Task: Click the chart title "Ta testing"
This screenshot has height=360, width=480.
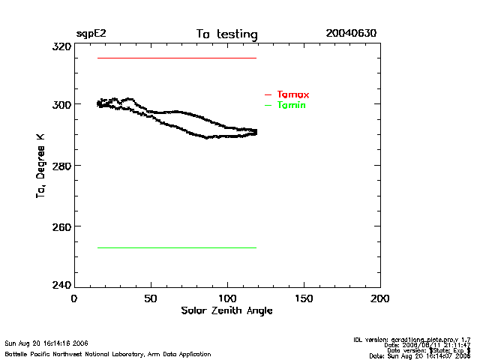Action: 226,34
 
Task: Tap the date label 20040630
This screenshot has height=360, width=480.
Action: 351,34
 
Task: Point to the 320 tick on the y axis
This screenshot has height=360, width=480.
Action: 61,46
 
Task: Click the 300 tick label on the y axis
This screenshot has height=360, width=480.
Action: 61,104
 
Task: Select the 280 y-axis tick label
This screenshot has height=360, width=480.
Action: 61,165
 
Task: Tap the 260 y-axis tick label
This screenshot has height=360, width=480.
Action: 61,226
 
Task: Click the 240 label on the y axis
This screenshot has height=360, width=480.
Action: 61,286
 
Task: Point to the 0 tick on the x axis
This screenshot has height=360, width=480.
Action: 74,298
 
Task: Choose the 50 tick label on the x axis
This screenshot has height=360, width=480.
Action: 151,298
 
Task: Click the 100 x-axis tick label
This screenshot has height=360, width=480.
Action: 227,298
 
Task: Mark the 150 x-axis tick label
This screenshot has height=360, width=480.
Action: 304,298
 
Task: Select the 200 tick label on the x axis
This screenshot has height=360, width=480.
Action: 380,298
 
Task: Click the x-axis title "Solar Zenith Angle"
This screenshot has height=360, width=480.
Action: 226,310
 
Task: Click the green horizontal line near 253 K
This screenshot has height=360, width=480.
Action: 176,247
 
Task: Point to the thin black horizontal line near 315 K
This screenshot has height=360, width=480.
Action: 176,58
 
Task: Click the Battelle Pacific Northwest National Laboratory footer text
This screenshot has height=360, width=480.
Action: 108,353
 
